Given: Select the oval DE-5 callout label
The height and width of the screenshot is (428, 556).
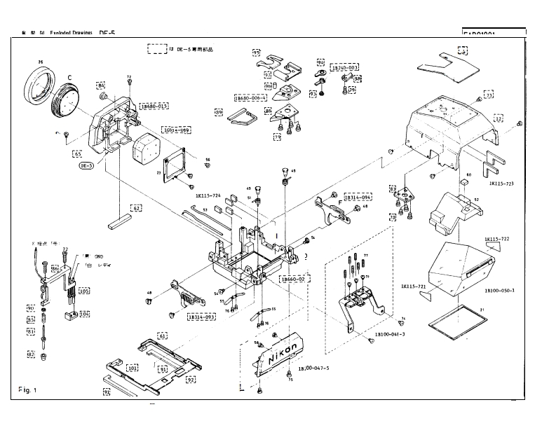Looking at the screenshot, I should coord(86,165).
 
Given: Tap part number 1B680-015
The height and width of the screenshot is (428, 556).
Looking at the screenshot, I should coord(154,106).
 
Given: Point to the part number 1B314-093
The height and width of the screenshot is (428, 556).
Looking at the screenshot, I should coord(202,317).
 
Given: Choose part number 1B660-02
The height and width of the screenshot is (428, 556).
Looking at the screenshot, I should coord(294,279).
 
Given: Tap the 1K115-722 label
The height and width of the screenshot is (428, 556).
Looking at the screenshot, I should coord(496,240).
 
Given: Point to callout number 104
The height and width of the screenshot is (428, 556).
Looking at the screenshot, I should coord(84,315).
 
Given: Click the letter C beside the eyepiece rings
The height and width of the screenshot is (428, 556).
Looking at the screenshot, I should coord(69,77).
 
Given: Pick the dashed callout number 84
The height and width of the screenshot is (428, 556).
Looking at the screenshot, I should coord(102,86).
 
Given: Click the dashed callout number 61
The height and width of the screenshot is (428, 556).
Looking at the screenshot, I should coord(163,336).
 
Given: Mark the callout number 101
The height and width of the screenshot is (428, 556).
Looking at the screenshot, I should coord(133,368).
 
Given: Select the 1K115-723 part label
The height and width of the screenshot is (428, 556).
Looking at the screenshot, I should coord(502,183).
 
